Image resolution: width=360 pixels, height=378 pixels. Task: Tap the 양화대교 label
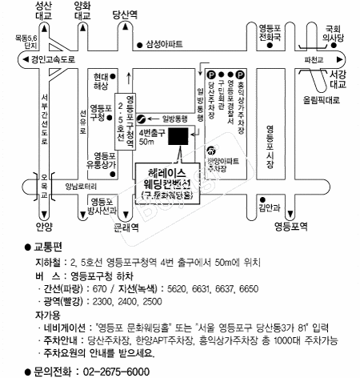point(82,10)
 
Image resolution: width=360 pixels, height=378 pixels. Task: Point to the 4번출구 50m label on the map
point(150,136)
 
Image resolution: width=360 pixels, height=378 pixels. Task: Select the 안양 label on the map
point(43,227)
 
